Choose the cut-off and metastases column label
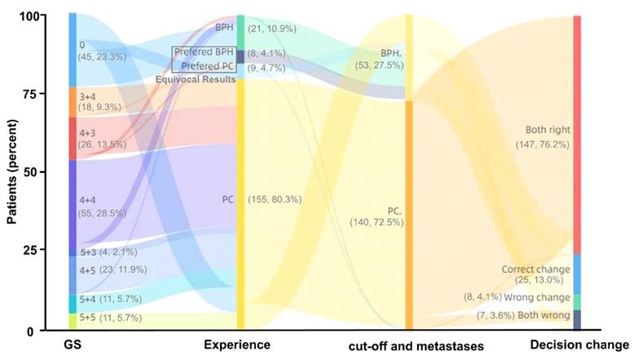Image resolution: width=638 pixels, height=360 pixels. (x=410, y=346)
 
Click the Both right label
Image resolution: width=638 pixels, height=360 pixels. (x=548, y=130)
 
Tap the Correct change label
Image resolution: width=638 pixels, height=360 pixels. (x=531, y=269)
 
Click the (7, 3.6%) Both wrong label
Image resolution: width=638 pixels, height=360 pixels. (x=537, y=314)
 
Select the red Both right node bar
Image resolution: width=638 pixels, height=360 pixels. (x=577, y=134)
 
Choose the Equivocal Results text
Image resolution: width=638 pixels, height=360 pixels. (x=202, y=79)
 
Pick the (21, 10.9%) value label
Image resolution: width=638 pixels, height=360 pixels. (x=271, y=29)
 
